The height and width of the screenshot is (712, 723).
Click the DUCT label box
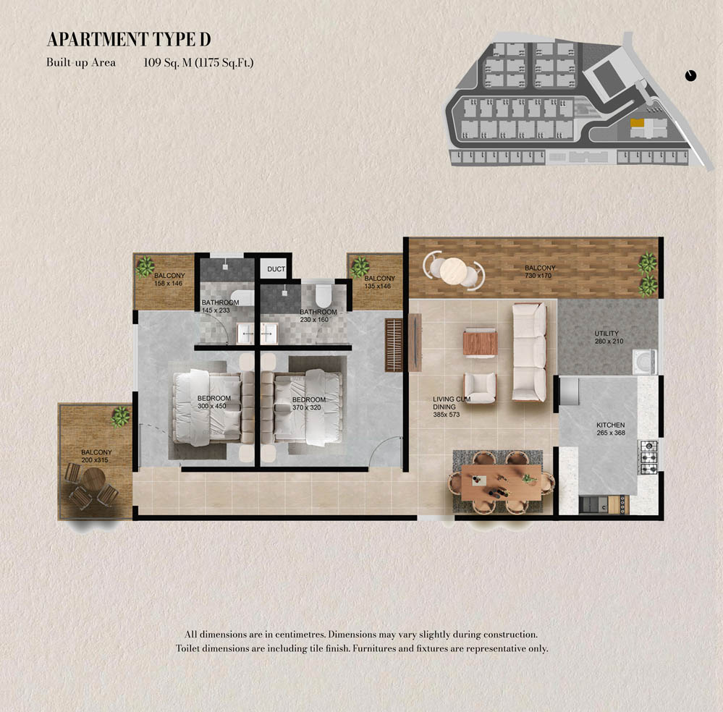(x=276, y=268)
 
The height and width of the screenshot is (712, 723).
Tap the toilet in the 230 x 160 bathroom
(x=324, y=295)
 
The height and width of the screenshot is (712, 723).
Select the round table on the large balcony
(x=454, y=271)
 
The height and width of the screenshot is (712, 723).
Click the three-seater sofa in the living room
(x=529, y=352)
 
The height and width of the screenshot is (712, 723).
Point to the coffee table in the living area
(x=480, y=343)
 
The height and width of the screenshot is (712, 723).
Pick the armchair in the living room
(x=480, y=387)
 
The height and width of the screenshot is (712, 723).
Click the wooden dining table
(x=502, y=482)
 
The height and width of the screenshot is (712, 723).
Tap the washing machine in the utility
(x=645, y=361)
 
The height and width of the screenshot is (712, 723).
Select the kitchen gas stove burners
(x=648, y=457)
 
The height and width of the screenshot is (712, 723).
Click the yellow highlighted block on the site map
(x=637, y=123)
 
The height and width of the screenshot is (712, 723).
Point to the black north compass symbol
(x=690, y=75)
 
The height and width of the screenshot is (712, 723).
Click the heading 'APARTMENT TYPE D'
(x=129, y=40)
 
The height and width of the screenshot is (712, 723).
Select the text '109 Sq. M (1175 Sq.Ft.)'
(x=199, y=63)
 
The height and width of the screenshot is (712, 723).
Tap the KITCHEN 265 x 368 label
(x=611, y=429)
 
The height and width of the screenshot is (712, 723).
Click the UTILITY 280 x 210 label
(x=608, y=337)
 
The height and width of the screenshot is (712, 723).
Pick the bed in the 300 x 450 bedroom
(x=207, y=407)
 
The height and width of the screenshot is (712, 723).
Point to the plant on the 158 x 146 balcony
(x=145, y=266)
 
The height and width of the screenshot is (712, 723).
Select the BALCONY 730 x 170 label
(x=539, y=271)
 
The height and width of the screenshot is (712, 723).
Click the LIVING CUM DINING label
(x=451, y=407)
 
